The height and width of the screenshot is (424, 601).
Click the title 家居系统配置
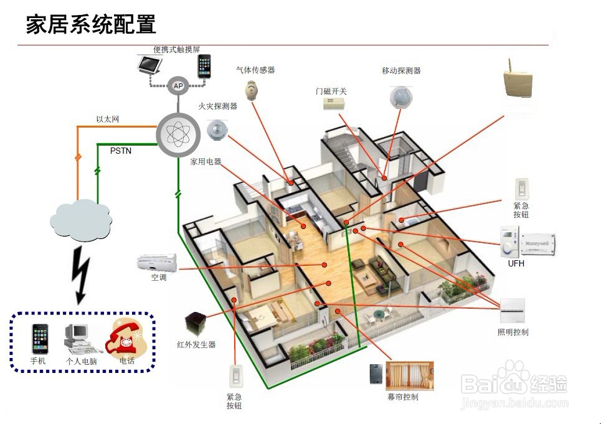91,24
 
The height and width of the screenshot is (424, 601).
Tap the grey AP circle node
178,86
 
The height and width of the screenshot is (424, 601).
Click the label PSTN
121,151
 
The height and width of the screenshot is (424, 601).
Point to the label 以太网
107,119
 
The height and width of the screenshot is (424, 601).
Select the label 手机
38,361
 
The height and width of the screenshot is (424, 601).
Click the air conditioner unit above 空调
157,262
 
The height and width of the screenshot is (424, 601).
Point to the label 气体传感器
255,70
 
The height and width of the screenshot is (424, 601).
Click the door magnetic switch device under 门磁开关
334,104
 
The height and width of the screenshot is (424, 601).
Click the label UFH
516,263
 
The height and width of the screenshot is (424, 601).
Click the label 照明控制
513,332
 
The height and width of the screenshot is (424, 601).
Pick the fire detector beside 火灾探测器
218,129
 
